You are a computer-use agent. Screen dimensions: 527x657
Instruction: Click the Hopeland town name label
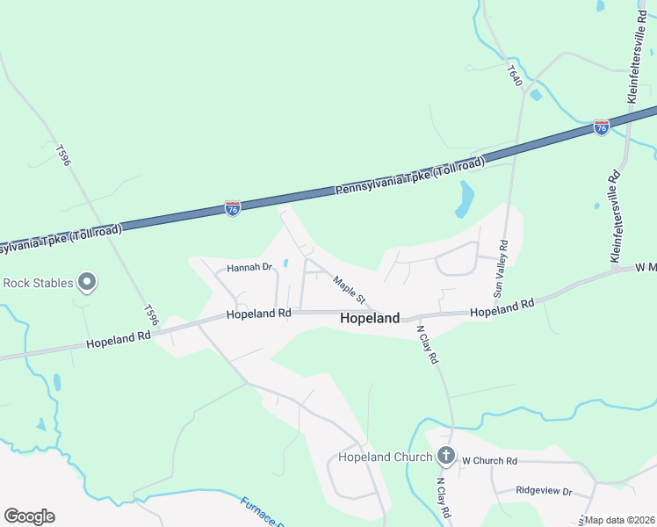tap(370, 319)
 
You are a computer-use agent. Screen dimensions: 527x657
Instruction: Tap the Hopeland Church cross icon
tap(446, 456)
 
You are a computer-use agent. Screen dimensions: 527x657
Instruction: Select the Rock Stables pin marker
tap(86, 282)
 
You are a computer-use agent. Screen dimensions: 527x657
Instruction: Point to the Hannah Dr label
tap(250, 267)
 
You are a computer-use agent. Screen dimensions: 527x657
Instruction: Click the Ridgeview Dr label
tap(544, 491)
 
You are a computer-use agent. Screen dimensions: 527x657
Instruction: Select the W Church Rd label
tap(489, 460)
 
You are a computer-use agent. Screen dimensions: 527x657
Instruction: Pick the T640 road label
tap(516, 75)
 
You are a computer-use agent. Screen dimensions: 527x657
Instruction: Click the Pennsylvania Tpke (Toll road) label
tap(409, 176)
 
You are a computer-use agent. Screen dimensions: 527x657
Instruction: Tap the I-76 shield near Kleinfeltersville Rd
tap(602, 128)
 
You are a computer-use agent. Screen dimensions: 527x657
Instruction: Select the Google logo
tap(29, 516)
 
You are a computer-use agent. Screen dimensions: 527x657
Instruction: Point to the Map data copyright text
tap(620, 520)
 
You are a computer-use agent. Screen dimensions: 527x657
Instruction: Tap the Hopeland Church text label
tap(386, 457)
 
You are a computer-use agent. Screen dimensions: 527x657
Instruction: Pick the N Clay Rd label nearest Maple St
tap(427, 345)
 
